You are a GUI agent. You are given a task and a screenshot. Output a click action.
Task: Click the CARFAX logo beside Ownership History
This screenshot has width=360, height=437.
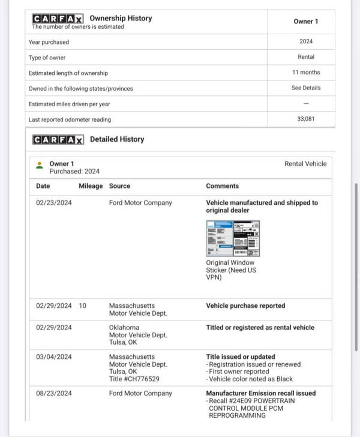(58, 19)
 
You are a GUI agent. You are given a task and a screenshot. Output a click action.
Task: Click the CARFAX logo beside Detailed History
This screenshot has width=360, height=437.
(58, 140)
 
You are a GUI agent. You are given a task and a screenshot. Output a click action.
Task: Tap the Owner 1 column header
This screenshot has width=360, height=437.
(306, 22)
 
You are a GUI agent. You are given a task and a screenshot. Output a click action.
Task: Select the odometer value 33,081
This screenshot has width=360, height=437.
(306, 119)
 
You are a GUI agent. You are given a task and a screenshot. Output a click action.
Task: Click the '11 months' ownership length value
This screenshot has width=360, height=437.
(306, 73)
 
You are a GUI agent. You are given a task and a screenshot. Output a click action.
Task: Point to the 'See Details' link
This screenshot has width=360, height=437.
(306, 88)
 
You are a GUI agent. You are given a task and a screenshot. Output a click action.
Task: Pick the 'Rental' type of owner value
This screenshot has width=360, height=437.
(306, 57)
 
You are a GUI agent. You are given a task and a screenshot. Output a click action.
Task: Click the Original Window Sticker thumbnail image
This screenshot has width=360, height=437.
(233, 238)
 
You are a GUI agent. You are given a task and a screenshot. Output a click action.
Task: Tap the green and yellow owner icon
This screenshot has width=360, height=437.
(40, 164)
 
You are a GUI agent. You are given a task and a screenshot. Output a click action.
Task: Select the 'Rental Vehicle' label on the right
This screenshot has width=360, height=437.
(305, 163)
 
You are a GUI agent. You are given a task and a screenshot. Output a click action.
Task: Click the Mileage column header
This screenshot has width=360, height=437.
(91, 186)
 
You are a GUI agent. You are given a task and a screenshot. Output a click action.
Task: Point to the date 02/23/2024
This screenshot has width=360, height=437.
(53, 203)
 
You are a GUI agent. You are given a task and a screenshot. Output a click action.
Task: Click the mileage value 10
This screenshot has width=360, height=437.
(82, 306)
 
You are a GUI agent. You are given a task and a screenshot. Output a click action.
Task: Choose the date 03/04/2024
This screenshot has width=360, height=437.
(53, 357)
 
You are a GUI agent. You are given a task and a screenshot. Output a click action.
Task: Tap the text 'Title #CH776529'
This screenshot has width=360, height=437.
(134, 379)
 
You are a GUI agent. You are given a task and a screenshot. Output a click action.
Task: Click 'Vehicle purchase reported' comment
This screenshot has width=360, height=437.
(245, 306)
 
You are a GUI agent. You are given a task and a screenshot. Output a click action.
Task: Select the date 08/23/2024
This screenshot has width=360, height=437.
(53, 393)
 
